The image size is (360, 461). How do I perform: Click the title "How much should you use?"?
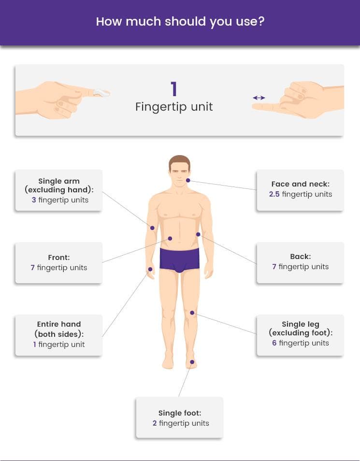[x=180, y=22]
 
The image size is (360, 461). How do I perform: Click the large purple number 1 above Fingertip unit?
[x=174, y=89]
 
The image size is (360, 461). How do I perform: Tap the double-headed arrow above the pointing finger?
[x=259, y=98]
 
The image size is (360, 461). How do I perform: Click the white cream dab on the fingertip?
[x=101, y=93]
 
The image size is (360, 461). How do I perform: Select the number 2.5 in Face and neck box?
[x=274, y=194]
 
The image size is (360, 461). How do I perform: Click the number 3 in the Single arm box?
[x=34, y=200]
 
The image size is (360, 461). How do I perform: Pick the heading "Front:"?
[x=59, y=257]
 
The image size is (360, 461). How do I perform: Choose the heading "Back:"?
[x=300, y=257]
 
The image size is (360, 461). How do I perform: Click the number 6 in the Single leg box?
[x=274, y=343]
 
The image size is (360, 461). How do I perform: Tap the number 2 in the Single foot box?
[x=155, y=423]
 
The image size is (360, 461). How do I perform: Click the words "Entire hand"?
[x=59, y=324]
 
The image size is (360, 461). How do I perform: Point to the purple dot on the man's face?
[x=188, y=180]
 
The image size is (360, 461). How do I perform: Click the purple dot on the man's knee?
[x=192, y=313]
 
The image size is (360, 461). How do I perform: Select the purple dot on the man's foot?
[x=192, y=362]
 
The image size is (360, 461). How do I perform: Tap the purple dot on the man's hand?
[x=150, y=269]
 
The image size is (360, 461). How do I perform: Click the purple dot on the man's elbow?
[x=152, y=228]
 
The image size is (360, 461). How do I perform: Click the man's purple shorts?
[x=179, y=259]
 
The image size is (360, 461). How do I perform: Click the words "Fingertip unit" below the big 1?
[x=174, y=107]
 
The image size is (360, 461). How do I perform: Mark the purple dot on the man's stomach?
[x=170, y=238]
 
